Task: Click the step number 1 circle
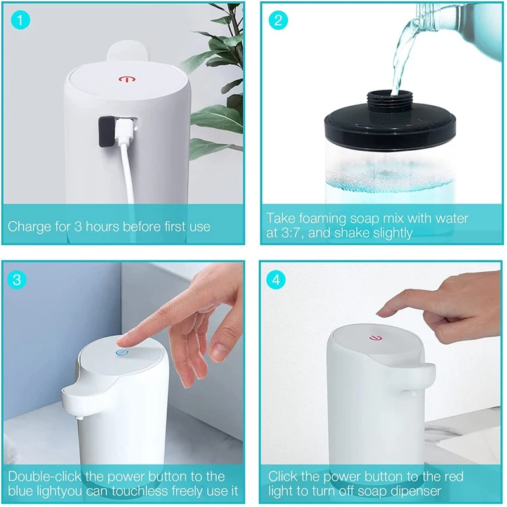coord(20,20)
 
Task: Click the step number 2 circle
coord(278,20)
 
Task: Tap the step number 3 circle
coord(17,279)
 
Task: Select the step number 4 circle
coord(276,279)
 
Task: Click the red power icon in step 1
coord(126,79)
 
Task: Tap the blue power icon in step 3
coord(122,352)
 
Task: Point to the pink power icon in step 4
coord(375,338)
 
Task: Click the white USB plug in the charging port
coord(124,131)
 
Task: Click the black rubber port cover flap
coord(106,132)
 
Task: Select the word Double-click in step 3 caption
coord(44,477)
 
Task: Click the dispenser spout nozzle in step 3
coord(79,418)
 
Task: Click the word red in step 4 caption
coord(454,477)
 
